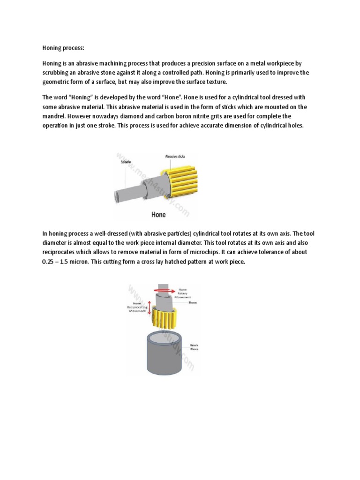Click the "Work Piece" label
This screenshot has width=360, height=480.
(x=194, y=347)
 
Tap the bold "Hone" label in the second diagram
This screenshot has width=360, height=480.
(x=193, y=303)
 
